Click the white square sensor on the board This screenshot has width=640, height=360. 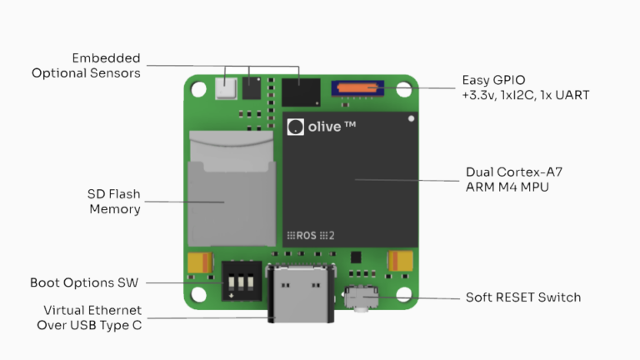coord(225,87)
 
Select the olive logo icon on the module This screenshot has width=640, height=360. coord(294,127)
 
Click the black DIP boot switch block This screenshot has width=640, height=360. coord(239,282)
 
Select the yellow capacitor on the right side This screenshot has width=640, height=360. coord(401,261)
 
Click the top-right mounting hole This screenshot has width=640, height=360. coord(405,87)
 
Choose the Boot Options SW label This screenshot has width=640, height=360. coord(85,282)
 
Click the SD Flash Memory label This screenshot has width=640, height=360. coord(114,202)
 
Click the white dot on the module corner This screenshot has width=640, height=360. coord(410,119)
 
